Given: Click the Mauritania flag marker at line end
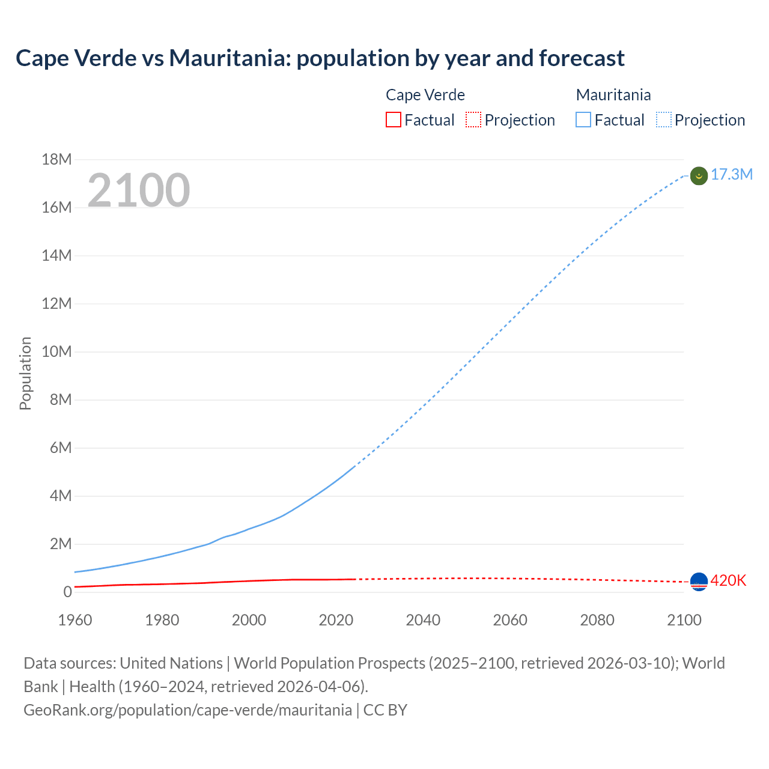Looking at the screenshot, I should tap(699, 176).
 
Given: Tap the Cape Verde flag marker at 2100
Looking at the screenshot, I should tap(699, 582).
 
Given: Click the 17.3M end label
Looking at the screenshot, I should tap(731, 175).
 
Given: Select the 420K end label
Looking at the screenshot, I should tap(728, 580).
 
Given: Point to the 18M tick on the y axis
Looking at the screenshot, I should tap(56, 159).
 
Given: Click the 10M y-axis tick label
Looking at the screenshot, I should tap(56, 351).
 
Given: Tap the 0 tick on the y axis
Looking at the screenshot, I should tap(67, 592).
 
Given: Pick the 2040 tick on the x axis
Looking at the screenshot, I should tap(423, 620).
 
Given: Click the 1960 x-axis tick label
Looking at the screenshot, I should tap(75, 620).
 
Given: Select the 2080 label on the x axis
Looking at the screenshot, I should tap(597, 620).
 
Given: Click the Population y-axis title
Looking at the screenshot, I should tap(25, 373).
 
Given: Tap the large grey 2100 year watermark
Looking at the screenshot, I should tap(139, 190).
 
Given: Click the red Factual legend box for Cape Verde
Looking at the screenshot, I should tap(393, 120).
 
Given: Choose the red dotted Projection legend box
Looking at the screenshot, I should tap(473, 120).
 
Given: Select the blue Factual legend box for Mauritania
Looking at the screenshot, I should tap(583, 120).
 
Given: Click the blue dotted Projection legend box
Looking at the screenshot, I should tap(664, 120).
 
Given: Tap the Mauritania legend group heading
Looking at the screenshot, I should tap(613, 95).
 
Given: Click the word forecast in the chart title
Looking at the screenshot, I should tap(582, 58).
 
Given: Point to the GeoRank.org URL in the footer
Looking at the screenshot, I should tap(187, 710).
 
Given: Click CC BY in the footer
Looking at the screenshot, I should tap(385, 710).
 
